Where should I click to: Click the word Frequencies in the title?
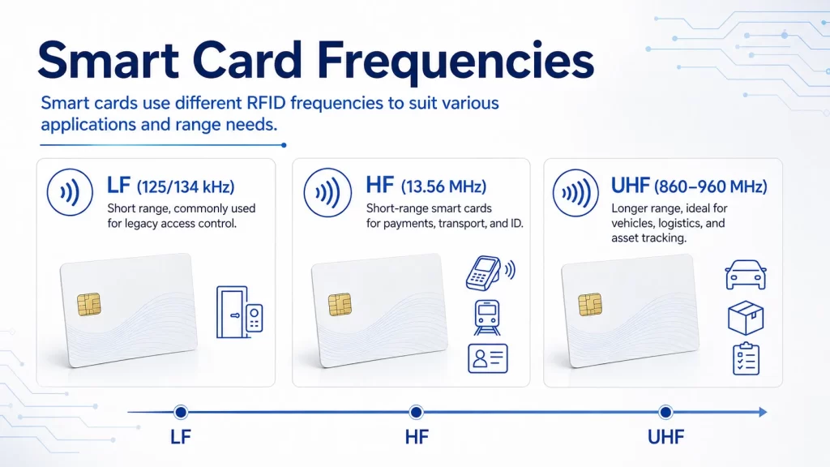click(456, 62)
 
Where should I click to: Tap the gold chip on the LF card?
click(89, 304)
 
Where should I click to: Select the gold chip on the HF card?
click(340, 305)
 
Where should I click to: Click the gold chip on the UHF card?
click(590, 305)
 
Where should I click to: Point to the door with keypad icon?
click(240, 312)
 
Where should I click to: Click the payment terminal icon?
click(490, 272)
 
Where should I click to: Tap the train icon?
click(487, 318)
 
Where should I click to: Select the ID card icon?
click(488, 358)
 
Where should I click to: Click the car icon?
click(746, 274)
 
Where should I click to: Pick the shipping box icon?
click(746, 318)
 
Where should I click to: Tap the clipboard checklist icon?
click(746, 358)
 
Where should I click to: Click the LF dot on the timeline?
click(181, 412)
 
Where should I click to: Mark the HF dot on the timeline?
click(416, 412)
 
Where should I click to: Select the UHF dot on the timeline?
click(665, 412)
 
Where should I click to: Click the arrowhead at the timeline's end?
click(763, 412)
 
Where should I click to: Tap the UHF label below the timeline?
click(666, 437)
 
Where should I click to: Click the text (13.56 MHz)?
click(443, 186)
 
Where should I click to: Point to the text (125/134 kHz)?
click(186, 187)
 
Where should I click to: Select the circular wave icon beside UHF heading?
click(576, 193)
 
